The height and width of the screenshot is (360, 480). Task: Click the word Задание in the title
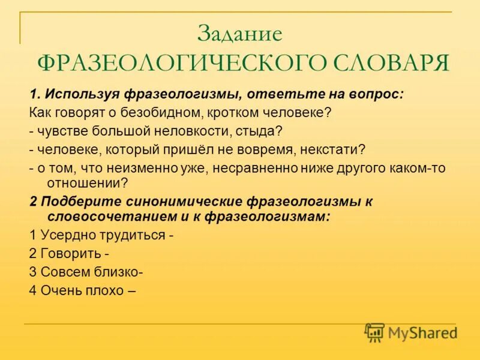point(239,34)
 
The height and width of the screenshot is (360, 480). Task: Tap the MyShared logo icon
point(375,332)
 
